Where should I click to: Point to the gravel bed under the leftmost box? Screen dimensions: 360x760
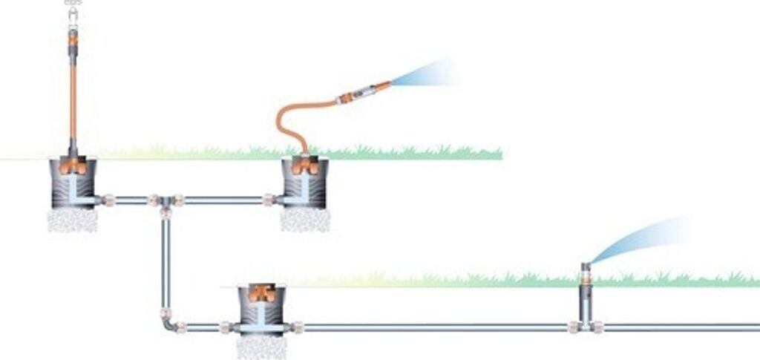[72, 219]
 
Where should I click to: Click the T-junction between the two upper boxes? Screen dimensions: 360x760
[166, 201]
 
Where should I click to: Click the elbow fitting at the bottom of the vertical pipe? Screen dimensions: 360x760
[168, 324]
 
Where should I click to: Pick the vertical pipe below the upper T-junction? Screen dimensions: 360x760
[166, 260]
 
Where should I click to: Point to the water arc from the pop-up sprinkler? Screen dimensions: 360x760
[638, 238]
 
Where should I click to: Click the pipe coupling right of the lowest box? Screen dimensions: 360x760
[298, 327]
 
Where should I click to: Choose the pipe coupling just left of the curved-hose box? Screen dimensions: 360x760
[268, 200]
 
